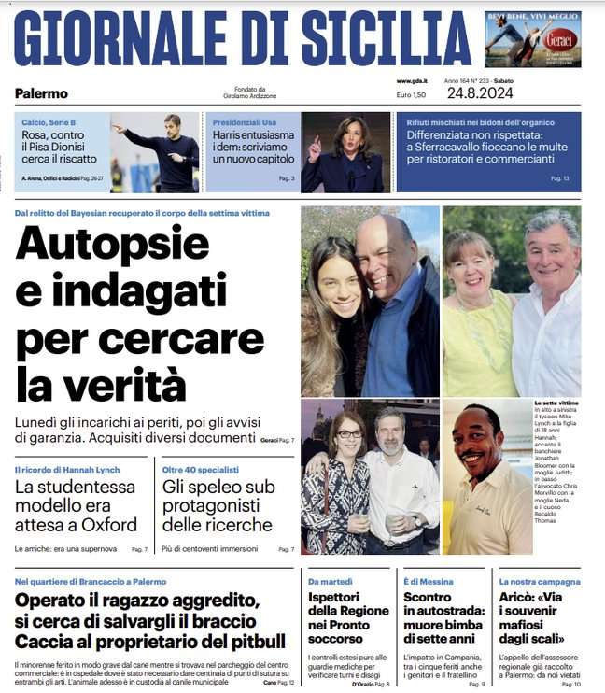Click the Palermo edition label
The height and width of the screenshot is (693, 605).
(x=41, y=93)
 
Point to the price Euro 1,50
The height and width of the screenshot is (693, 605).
(x=411, y=95)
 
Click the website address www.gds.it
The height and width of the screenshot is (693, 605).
(x=411, y=81)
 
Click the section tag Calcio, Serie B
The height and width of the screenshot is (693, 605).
(x=49, y=123)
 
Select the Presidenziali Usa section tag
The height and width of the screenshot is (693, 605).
(x=245, y=123)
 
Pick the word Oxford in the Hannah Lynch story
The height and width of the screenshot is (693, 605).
(x=111, y=524)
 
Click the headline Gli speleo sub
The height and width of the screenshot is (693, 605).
(x=218, y=487)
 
